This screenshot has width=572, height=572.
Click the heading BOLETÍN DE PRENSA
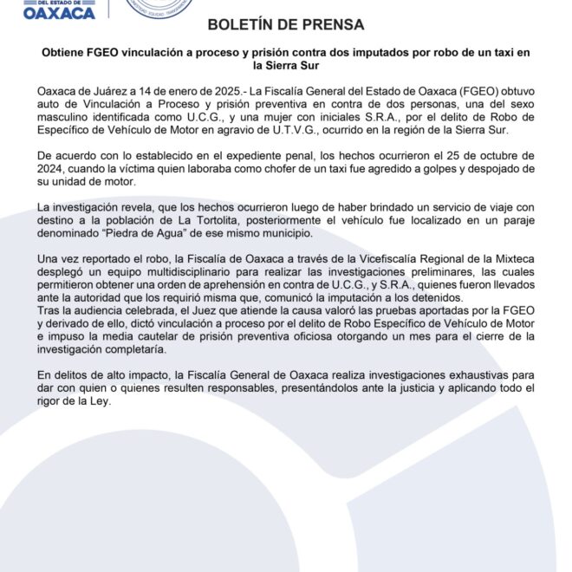coord(285,24)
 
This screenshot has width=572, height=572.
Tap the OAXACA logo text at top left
coord(60,12)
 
